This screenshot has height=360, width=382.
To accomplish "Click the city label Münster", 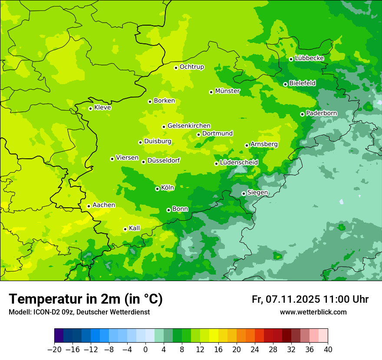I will (x=227, y=91).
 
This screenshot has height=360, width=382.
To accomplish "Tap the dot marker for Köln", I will (x=157, y=189).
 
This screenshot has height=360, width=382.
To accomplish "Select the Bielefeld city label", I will (x=303, y=83).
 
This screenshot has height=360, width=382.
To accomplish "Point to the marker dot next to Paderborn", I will (x=302, y=114).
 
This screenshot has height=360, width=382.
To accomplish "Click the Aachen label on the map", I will (x=104, y=205).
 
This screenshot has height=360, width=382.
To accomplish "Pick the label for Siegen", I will (x=257, y=193).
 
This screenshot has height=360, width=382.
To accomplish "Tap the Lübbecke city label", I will (x=309, y=58).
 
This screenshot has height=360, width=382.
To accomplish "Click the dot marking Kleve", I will (x=90, y=108).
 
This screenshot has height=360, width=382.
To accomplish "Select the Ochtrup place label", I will (x=192, y=67).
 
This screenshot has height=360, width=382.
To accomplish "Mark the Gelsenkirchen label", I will (x=189, y=126).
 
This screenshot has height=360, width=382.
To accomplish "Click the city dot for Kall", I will (x=125, y=229).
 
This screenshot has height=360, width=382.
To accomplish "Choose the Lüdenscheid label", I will (x=239, y=163).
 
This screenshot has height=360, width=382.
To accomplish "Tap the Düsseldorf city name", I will (x=164, y=160).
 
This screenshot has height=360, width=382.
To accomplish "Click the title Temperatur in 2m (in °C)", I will (x=86, y=299).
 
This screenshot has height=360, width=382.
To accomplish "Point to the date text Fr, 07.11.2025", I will (x=286, y=299).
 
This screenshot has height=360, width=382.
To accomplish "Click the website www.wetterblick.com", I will (x=313, y=312).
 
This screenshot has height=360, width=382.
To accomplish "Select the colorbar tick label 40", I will (x=328, y=350).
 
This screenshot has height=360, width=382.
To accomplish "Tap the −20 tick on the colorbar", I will (x=54, y=350).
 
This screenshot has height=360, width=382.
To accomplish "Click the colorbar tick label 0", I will (x=145, y=350).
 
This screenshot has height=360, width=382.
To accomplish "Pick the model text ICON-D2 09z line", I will (x=79, y=312).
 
